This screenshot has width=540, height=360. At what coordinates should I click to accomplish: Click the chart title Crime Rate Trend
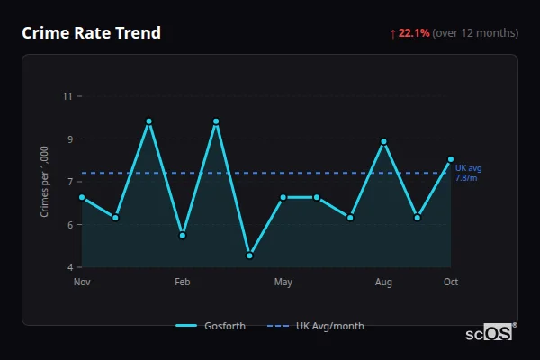pyautogui.click(x=91, y=33)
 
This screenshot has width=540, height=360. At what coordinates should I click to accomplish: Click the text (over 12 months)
pyautogui.click(x=475, y=33)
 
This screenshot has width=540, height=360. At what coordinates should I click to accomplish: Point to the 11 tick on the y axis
pyautogui.click(x=67, y=96)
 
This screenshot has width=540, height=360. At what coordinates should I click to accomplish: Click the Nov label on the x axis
pyautogui.click(x=82, y=283)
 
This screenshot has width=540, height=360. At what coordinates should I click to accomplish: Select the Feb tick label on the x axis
pyautogui.click(x=183, y=283)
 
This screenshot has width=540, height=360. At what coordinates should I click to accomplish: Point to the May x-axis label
pyautogui.click(x=283, y=283)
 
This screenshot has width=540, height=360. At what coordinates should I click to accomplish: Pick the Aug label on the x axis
pyautogui.click(x=383, y=283)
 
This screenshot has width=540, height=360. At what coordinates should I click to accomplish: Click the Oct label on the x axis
pyautogui.click(x=451, y=283)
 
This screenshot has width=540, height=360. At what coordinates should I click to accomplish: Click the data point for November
pyautogui.click(x=82, y=197)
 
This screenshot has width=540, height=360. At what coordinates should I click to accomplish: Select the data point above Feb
pyautogui.click(x=183, y=235)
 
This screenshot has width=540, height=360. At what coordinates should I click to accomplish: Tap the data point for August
pyautogui.click(x=383, y=141)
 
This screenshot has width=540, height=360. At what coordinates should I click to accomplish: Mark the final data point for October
pyautogui.click(x=451, y=159)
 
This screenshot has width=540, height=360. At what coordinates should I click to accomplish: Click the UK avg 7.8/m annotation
pyautogui.click(x=468, y=173)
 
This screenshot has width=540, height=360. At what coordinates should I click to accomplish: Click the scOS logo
pyautogui.click(x=490, y=333)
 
